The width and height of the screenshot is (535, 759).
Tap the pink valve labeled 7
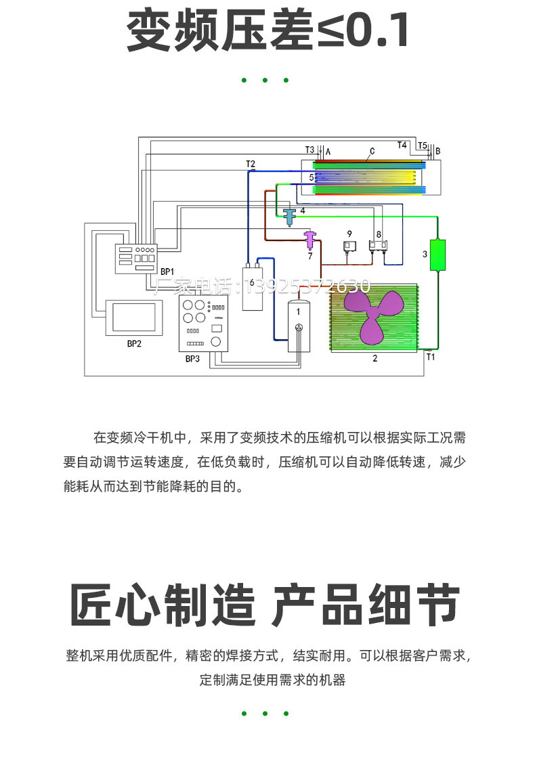[x=310, y=240]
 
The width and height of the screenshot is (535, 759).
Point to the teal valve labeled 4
[x=290, y=217]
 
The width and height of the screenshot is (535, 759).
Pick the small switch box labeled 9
[x=350, y=247]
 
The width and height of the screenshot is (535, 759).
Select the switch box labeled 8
[x=378, y=246]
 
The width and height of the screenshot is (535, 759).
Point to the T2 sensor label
[x=250, y=164]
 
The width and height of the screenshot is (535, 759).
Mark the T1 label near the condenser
[x=431, y=357]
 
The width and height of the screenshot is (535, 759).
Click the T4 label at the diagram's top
[x=402, y=144]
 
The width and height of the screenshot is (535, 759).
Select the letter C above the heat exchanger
[x=372, y=152]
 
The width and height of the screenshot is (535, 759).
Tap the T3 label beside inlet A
[x=309, y=150]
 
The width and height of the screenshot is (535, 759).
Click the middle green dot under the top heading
[x=265, y=81]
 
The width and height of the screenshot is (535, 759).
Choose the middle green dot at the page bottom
[x=265, y=713]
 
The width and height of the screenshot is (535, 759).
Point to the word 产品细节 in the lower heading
[x=366, y=605]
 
